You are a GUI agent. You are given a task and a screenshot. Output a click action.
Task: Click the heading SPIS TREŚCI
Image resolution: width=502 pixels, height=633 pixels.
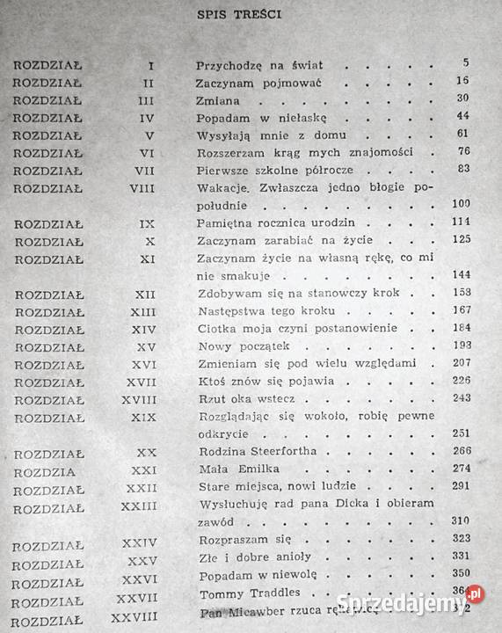pyautogui.click(x=251, y=14)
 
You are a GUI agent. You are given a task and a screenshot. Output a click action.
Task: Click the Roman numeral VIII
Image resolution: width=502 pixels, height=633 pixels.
pyautogui.click(x=141, y=187)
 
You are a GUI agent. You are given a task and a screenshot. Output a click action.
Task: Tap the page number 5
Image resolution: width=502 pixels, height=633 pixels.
pyautogui.click(x=465, y=63)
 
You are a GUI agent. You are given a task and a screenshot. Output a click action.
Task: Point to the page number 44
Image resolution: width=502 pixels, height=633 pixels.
pyautogui.click(x=463, y=116)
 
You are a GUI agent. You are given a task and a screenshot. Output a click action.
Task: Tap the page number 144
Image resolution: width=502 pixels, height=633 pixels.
pyautogui.click(x=461, y=274)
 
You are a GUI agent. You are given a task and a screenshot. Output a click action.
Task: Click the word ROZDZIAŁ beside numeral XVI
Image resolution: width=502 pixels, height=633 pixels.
pyautogui.click(x=48, y=364)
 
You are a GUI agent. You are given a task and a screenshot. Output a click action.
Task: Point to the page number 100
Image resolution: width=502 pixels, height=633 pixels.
pyautogui.click(x=461, y=204)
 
